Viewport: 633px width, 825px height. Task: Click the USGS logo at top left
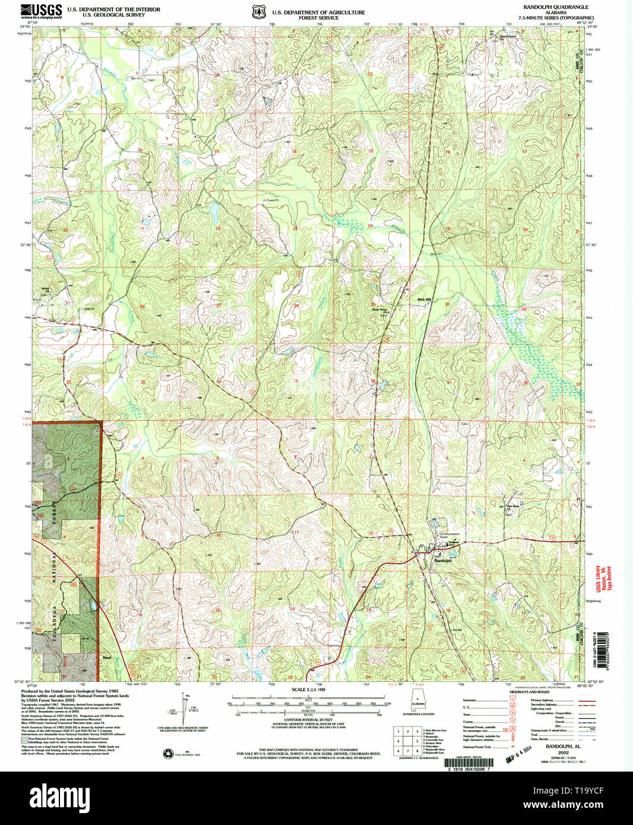41,11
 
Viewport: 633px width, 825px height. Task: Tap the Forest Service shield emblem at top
258,12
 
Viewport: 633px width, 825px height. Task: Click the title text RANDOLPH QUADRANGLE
555,7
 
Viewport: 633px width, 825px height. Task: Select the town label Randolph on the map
443,560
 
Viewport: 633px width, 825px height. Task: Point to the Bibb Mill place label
424,300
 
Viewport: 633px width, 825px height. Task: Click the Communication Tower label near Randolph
450,535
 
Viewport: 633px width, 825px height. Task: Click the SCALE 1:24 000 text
309,690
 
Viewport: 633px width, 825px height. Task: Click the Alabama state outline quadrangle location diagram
419,703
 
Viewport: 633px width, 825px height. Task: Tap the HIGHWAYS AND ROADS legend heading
529,692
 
